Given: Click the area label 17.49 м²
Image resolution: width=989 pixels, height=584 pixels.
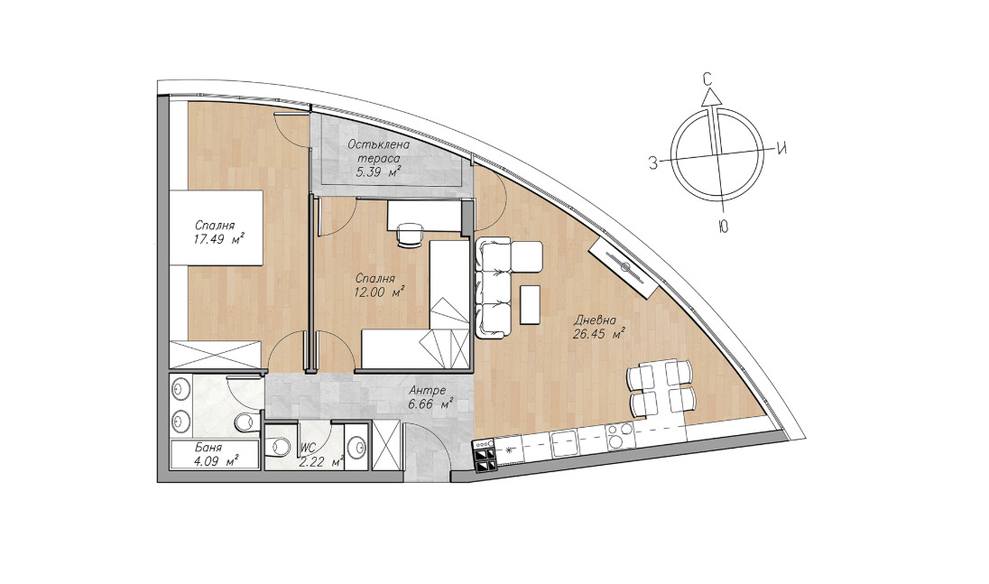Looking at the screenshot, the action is [x=219, y=240].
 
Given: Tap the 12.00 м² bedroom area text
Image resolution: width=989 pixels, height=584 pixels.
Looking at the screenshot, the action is [x=378, y=292].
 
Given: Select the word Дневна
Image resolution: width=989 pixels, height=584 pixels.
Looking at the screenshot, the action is [x=595, y=320].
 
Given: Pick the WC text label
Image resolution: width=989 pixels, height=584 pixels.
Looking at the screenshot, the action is [x=308, y=447].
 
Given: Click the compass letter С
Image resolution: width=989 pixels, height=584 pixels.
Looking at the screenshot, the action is [x=707, y=79].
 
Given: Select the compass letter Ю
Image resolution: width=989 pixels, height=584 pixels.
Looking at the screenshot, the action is [x=723, y=227].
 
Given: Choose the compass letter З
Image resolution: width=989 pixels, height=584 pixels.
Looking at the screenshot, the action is [x=654, y=163].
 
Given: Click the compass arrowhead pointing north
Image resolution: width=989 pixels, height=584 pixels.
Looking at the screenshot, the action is [x=711, y=96].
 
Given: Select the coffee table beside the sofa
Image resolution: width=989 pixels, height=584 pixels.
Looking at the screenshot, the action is [x=531, y=304].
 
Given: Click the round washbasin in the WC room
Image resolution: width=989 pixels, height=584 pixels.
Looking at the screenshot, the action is [x=358, y=448].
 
